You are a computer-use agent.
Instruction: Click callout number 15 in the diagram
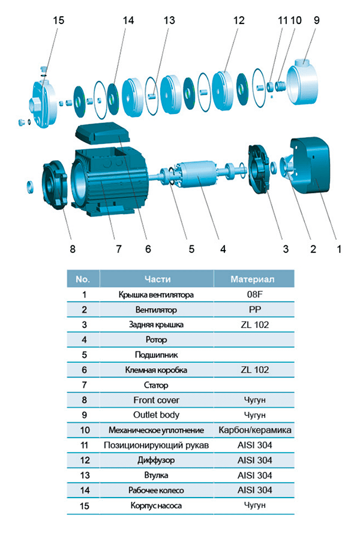point(58,20)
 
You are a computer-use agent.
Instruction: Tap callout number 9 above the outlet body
point(316,20)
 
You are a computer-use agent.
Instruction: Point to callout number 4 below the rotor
point(223,248)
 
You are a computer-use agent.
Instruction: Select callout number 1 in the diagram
point(339,248)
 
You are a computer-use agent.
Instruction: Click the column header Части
point(157,279)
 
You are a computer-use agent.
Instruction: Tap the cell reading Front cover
point(157,400)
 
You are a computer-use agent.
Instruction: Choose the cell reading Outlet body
point(157,415)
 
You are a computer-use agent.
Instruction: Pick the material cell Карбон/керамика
point(255,430)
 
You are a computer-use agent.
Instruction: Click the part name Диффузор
point(157,460)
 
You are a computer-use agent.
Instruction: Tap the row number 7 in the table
point(84,385)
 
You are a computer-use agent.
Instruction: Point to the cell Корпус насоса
point(157,505)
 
